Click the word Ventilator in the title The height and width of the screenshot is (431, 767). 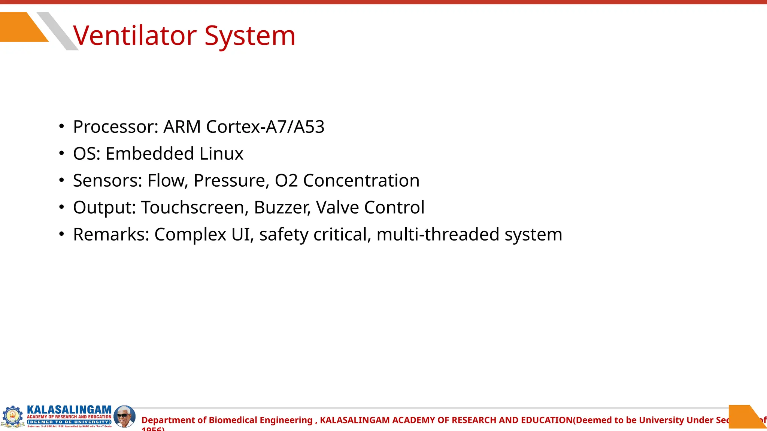pyautogui.click(x=135, y=36)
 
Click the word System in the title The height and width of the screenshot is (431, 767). pyautogui.click(x=250, y=36)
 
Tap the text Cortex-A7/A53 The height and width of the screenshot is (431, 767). pyautogui.click(x=265, y=127)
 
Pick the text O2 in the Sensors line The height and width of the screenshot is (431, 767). pyautogui.click(x=286, y=181)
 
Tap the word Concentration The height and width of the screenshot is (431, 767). pyautogui.click(x=361, y=181)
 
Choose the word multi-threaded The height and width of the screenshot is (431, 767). pyautogui.click(x=438, y=235)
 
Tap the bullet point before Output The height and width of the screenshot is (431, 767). pyautogui.click(x=62, y=207)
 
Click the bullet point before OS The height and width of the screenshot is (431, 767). pyautogui.click(x=62, y=153)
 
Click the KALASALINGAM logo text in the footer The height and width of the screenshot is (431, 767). pyautogui.click(x=69, y=410)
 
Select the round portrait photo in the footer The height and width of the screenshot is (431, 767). pyautogui.click(x=124, y=416)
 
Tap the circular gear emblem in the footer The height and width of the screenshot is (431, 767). pyautogui.click(x=12, y=416)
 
